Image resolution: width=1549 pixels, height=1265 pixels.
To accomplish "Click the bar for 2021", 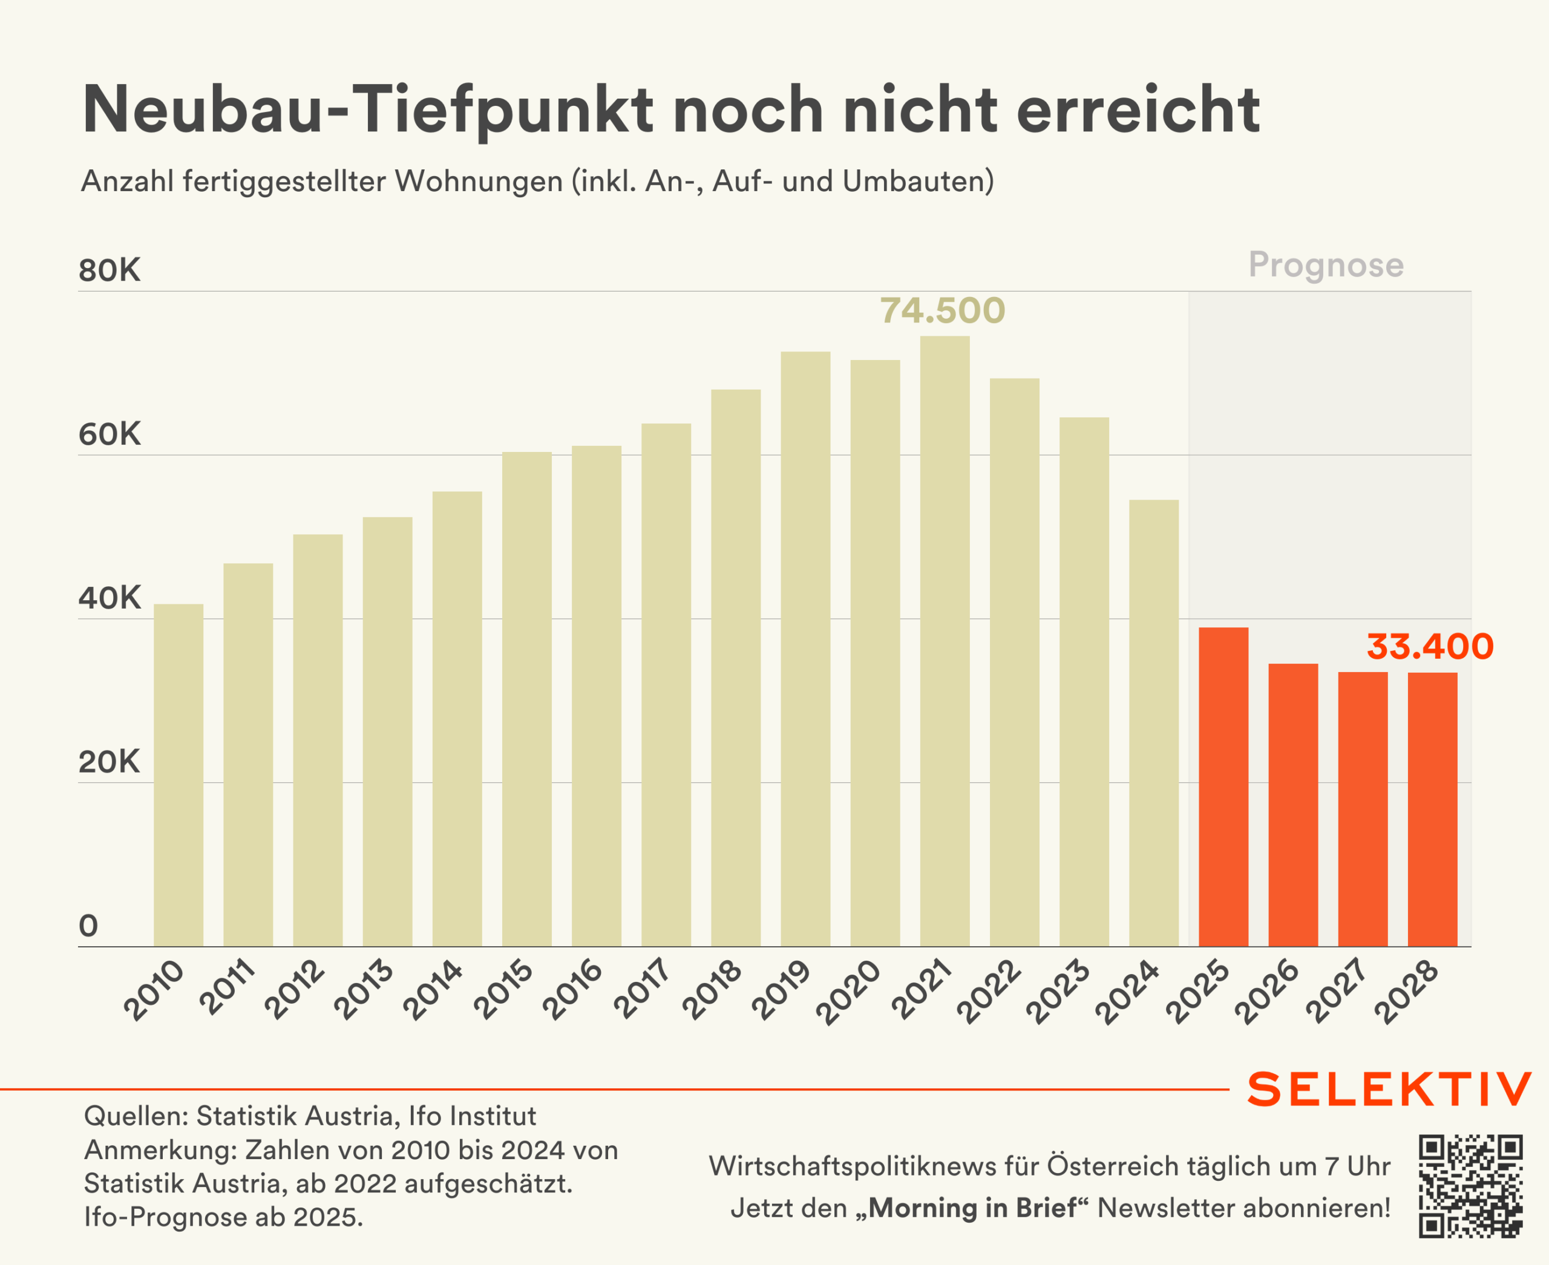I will pos(945,641).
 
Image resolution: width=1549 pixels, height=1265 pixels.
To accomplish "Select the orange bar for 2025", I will pos(1223,787).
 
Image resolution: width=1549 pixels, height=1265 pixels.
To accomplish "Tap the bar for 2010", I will pos(178,776).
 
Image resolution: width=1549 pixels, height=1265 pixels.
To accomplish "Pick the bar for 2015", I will pos(527,699).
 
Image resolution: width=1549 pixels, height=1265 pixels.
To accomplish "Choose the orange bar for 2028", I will pos(1432,809).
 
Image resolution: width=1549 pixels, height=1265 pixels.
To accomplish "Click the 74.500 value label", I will pos(943,311).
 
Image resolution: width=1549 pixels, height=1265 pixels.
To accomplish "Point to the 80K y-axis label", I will pos(110,271).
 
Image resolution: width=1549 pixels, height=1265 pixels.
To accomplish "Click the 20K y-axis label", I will pos(110,762).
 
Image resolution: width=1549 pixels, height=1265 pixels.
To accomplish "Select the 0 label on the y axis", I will pos(88,926).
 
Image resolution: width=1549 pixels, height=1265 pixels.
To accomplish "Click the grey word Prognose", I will pos(1326,264).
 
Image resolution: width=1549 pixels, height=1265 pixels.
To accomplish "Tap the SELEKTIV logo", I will pos(1389,1090).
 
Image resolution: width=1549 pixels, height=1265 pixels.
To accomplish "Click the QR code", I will pos(1471,1186).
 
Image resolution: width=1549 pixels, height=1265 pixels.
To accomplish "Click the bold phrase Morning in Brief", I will pos(972,1208).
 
